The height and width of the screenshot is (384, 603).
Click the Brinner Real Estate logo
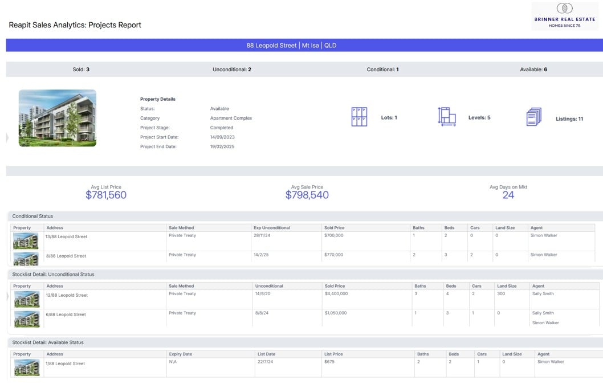(564, 16)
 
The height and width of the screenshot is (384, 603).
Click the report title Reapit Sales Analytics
(75, 25)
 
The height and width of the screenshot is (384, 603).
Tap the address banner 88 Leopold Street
(291, 46)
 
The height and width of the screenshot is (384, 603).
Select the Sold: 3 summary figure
(81, 70)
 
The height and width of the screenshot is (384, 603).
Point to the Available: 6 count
(533, 70)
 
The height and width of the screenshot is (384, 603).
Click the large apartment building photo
(58, 118)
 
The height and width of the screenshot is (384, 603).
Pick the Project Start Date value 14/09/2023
(222, 137)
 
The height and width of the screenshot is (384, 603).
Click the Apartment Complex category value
(231, 119)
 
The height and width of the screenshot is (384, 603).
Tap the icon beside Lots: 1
(359, 117)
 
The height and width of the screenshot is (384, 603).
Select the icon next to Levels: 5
(447, 117)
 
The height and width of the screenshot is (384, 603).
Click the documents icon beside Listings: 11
(534, 117)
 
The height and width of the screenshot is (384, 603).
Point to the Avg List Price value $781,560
(106, 195)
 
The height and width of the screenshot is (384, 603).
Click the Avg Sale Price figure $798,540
(307, 195)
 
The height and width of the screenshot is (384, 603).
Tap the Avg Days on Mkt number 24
(508, 195)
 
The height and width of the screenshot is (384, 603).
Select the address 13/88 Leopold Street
(66, 237)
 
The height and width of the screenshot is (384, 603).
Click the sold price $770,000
(334, 255)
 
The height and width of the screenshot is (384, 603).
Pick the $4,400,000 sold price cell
(336, 293)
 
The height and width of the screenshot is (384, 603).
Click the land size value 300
(501, 293)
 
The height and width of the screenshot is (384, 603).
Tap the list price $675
(329, 362)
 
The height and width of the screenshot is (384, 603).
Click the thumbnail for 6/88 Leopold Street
(27, 319)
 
